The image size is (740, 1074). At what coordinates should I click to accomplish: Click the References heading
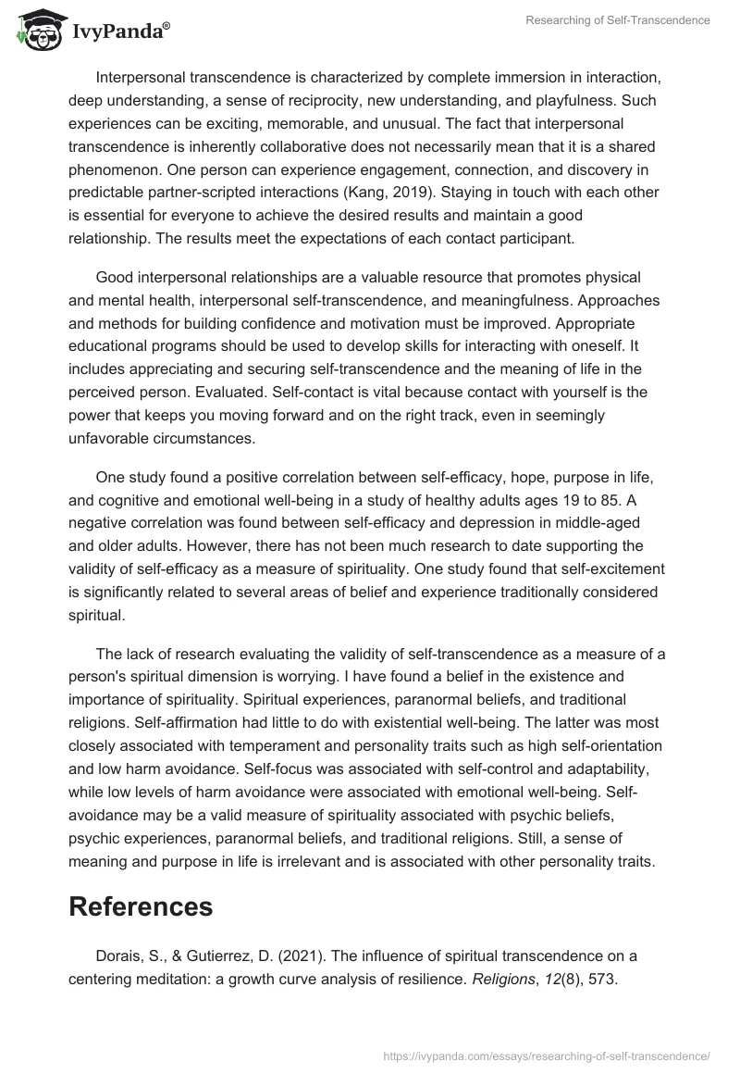tap(141, 906)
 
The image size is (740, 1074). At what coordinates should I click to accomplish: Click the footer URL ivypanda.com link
tap(545, 1055)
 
